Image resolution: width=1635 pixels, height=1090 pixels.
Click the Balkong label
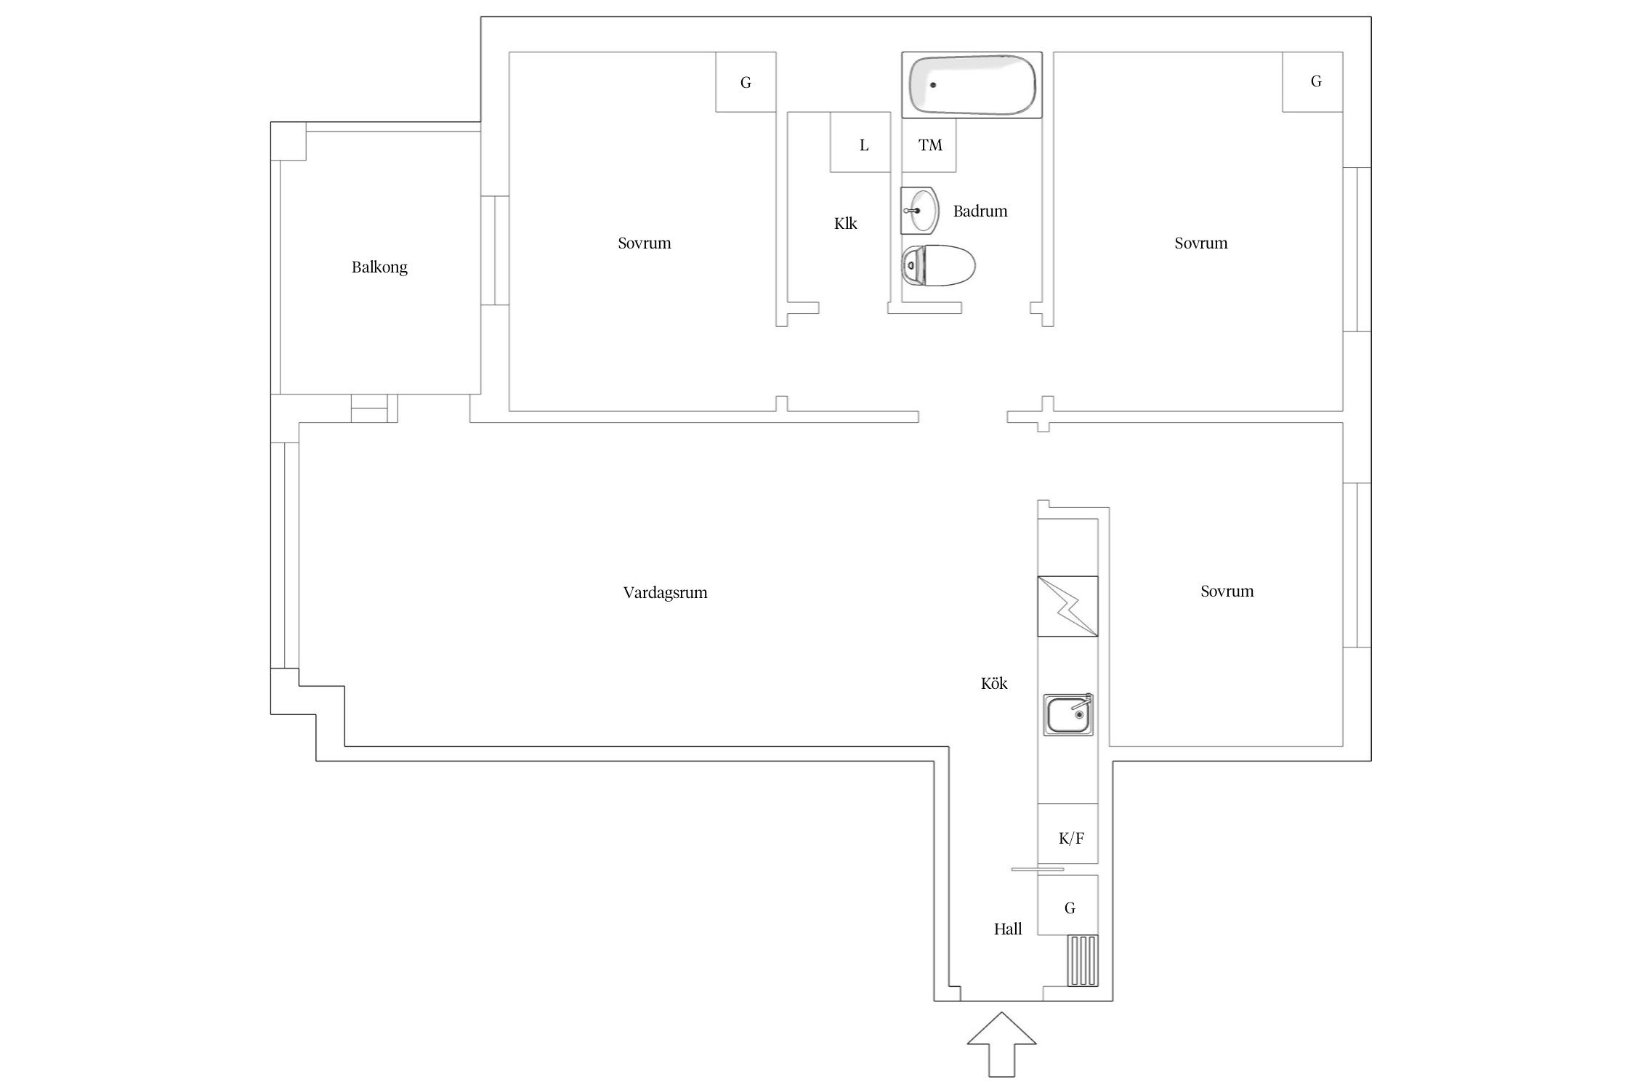click(x=379, y=267)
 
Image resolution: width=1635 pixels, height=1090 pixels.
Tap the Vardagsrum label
click(x=665, y=593)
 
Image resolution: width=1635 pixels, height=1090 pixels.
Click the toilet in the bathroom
click(x=938, y=266)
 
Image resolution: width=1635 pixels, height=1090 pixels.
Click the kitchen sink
click(x=1068, y=714)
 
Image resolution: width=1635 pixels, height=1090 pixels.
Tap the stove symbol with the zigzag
click(x=1067, y=606)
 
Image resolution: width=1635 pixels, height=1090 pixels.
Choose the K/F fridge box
click(x=1067, y=833)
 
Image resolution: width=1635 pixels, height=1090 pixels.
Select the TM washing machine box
click(x=929, y=145)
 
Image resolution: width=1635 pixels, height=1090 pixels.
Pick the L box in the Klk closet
click(x=860, y=142)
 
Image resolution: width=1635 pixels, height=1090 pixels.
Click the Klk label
click(x=845, y=224)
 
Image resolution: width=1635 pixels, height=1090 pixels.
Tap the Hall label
click(x=1008, y=929)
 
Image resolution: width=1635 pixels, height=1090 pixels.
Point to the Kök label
click(x=994, y=684)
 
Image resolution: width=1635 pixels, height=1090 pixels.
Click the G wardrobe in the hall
click(x=1067, y=905)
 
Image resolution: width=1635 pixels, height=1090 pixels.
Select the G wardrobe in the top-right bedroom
click(x=1312, y=82)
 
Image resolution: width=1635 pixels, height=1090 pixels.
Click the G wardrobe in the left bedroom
click(x=746, y=82)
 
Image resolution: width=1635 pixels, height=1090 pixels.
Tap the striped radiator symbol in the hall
click(x=1083, y=961)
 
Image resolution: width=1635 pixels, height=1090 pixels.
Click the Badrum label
click(x=980, y=211)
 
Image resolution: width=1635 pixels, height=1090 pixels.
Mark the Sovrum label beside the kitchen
click(x=1227, y=592)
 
